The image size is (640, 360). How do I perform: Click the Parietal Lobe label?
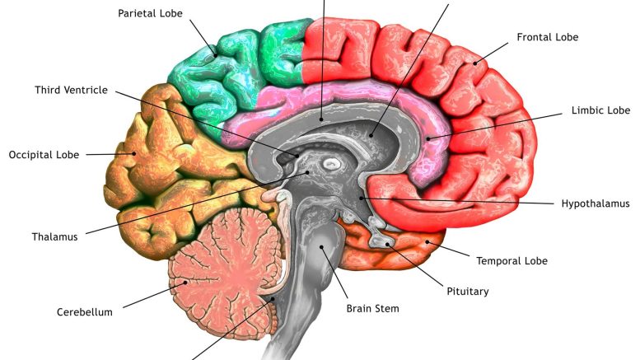coord(150,13)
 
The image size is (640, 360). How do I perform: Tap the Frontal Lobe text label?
coord(548,37)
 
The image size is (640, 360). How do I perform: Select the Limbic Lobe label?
coord(600,110)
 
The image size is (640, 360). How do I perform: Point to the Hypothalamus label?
coord(596,203)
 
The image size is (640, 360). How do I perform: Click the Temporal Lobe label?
coord(512,261)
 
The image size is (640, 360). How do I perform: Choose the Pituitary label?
coord(468,292)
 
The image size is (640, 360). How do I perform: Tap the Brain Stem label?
coord(372,309)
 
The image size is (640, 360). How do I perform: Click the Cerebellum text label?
coord(85,312)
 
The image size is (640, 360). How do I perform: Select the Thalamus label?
coord(54,236)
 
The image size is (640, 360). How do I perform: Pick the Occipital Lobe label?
coord(44,155)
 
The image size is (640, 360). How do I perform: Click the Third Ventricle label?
coord(71,90)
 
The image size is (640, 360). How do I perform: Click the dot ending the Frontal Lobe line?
coord(475,63)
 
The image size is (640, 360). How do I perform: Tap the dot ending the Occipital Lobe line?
coord(133,154)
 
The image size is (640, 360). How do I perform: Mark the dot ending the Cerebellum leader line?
coord(185,282)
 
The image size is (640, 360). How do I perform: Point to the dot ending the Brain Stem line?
coord(321,247)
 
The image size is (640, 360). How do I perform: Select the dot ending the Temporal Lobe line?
coord(427,242)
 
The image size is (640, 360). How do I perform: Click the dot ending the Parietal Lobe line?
coord(215,55)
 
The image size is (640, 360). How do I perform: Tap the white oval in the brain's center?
coord(331,165)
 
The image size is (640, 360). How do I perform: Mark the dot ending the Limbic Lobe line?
coord(428,138)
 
